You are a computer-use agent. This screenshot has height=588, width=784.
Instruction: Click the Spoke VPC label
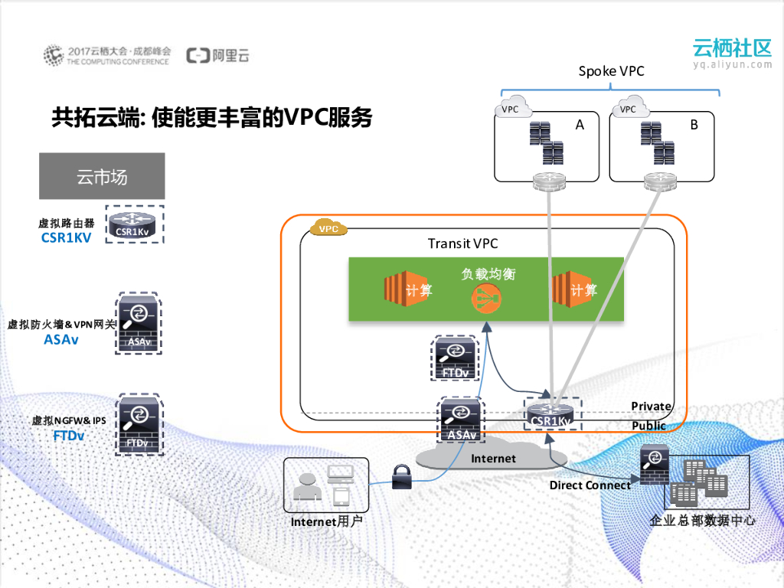611,71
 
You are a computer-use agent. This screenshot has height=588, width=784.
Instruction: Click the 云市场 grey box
102,176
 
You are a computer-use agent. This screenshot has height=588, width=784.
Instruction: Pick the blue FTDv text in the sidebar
68,436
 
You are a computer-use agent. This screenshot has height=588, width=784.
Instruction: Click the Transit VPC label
462,243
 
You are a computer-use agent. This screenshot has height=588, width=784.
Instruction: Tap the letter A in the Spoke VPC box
580,125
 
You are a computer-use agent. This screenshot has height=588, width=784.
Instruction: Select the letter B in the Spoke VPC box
694,125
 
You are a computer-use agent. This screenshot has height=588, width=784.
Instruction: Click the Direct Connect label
590,485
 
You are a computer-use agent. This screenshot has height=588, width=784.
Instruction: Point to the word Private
651,406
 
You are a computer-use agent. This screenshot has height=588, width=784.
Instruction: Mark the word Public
648,426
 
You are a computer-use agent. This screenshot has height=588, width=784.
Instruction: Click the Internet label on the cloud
493,459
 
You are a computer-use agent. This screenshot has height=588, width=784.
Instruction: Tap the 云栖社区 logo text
731,47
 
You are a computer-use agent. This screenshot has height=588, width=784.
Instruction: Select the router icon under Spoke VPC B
660,181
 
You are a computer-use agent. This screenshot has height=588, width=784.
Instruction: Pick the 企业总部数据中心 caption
702,521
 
